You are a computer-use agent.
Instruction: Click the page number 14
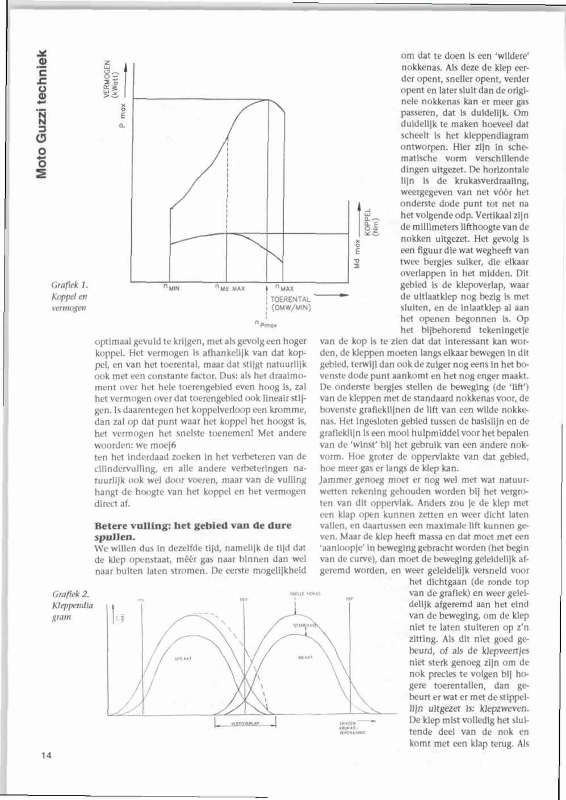click(46, 755)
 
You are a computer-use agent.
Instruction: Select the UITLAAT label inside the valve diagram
click(183, 659)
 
